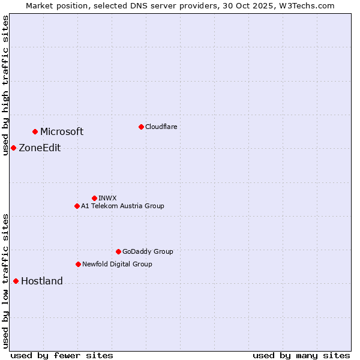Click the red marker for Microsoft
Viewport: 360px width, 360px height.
click(x=35, y=131)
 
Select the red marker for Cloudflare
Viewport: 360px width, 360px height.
click(x=141, y=127)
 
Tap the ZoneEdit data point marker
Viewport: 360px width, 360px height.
click(x=13, y=148)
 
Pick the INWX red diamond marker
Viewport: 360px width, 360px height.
click(x=94, y=198)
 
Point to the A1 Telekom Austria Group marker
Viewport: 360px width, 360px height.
click(x=77, y=206)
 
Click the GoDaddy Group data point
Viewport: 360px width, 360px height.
click(x=118, y=251)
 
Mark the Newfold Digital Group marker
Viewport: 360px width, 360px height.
click(x=78, y=264)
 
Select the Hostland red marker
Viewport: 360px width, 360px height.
click(x=16, y=281)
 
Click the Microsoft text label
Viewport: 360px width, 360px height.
click(x=62, y=132)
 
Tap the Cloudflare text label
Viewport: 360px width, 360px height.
click(x=161, y=127)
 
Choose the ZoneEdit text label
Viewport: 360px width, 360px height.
click(x=40, y=148)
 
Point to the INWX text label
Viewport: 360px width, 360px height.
click(x=108, y=198)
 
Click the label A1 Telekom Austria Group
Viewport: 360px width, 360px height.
click(x=122, y=206)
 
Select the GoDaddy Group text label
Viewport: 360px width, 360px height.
click(x=148, y=251)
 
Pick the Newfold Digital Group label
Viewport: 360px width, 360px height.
click(x=117, y=264)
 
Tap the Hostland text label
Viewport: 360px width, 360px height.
click(x=42, y=281)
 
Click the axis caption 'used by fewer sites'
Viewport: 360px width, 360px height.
click(x=62, y=355)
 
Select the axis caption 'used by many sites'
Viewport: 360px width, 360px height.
click(x=301, y=355)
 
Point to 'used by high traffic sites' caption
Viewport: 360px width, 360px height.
click(x=5, y=85)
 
